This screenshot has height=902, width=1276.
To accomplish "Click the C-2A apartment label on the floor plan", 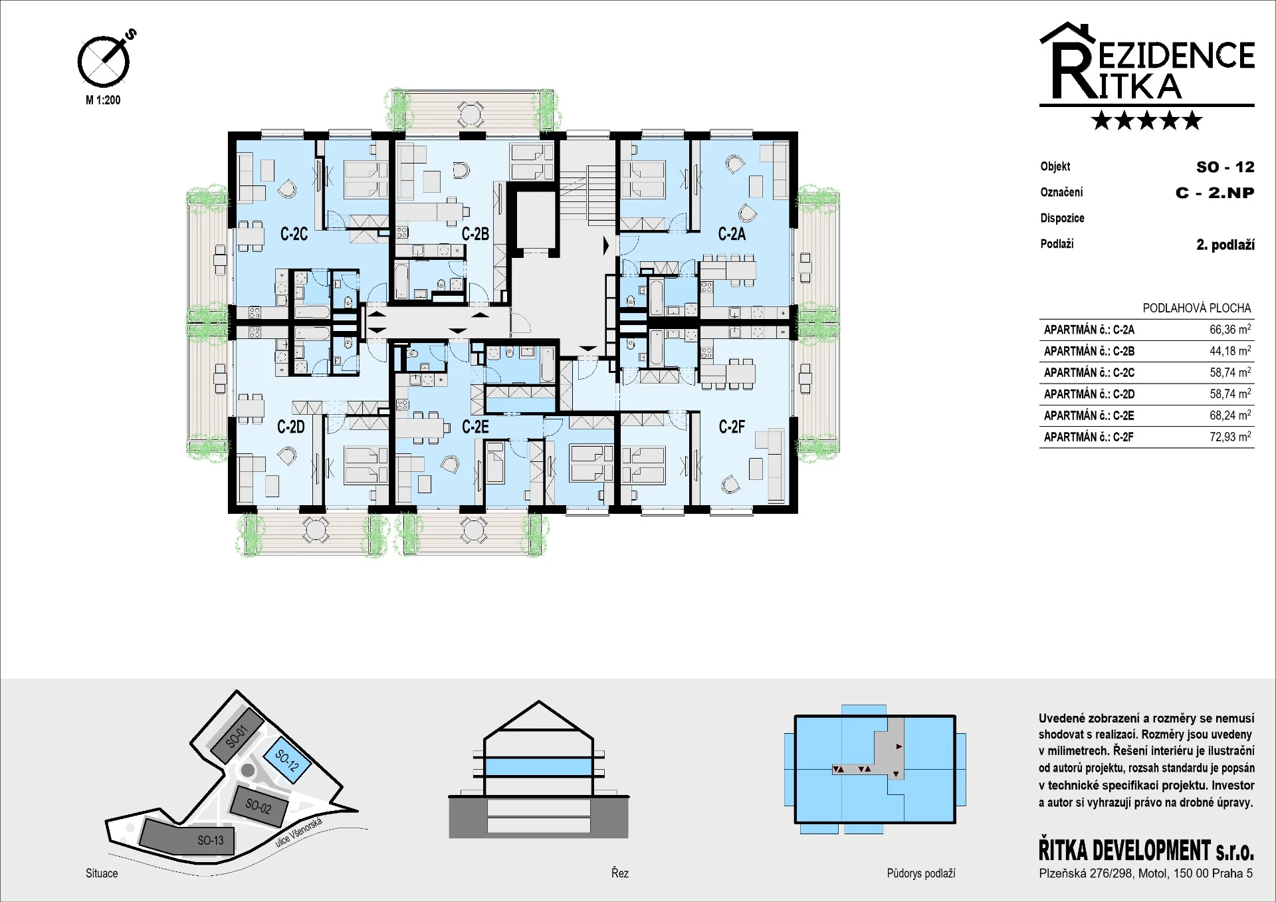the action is coord(732,234).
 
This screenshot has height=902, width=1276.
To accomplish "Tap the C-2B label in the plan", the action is coord(475,234).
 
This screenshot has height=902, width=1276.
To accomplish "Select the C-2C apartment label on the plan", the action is coord(294,234).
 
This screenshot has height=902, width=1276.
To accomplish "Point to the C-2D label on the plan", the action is coord(291,427).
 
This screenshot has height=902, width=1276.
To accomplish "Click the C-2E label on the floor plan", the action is coord(475,427).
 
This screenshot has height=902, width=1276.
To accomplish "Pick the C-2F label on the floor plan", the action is coord(732,427).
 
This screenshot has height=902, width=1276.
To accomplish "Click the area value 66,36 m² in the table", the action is coord(1230,329).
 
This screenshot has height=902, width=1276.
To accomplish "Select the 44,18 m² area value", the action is coord(1230,350).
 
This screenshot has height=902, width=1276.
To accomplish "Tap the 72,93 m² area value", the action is coord(1230,437).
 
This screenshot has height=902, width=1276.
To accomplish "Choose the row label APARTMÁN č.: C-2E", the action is coord(1089,415).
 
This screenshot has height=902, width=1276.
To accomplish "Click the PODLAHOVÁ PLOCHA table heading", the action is coord(1196,308).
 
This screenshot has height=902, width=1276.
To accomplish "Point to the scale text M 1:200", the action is coord(103,100).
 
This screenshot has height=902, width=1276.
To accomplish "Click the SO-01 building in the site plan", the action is coord(237,736).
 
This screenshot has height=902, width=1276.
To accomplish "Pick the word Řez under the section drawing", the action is coord(619,873).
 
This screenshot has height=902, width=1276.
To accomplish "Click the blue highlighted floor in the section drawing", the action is coord(538,767).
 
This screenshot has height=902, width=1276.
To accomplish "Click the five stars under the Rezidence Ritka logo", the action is coord(1146,120).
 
